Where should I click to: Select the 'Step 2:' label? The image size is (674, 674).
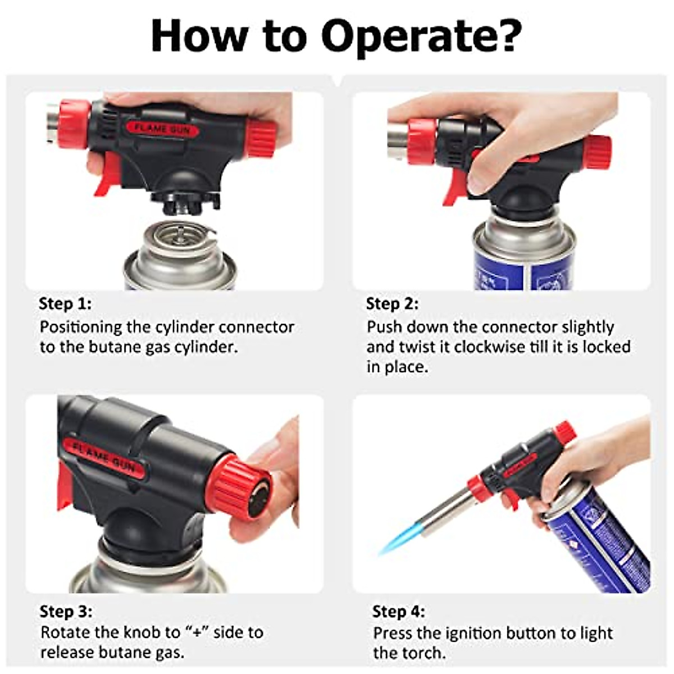tap(392, 304)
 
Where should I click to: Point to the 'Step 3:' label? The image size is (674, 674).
tap(66, 611)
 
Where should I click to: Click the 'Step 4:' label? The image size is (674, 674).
tap(398, 611)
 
